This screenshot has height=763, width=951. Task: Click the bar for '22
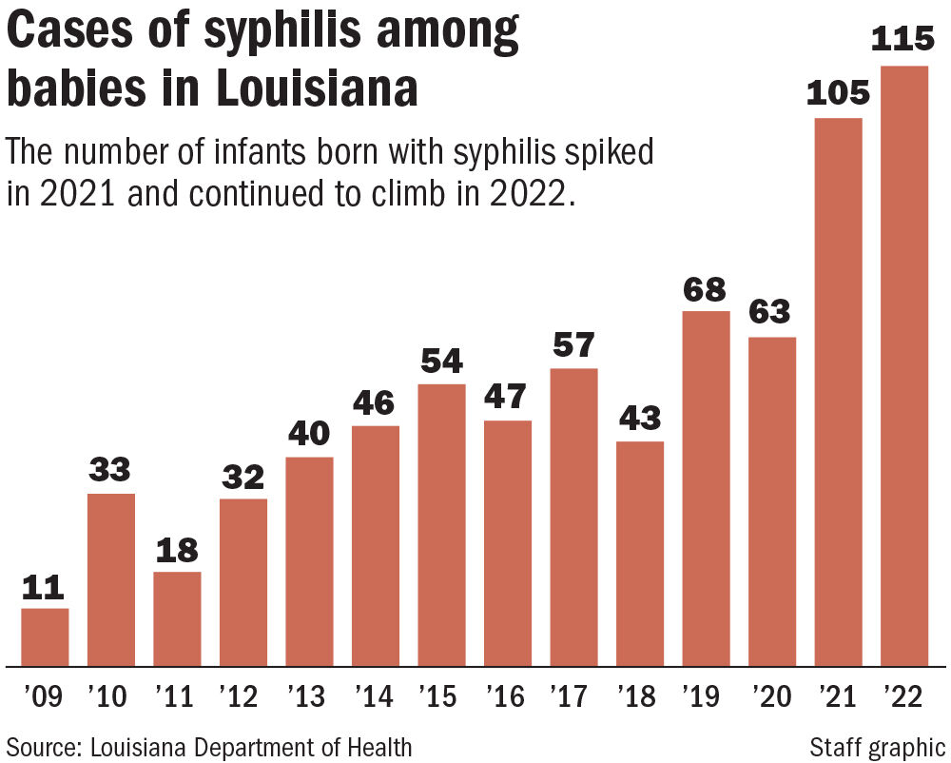point(904,365)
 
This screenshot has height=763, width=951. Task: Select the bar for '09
point(45,636)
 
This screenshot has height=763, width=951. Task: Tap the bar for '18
point(640,553)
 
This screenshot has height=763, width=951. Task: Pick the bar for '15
point(441,524)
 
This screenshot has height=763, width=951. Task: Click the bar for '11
point(177,618)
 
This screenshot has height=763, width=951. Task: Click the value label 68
point(705,289)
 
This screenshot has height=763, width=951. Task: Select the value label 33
point(110,470)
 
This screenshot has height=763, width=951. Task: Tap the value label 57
point(573,345)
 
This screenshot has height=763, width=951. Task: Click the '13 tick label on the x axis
point(308,698)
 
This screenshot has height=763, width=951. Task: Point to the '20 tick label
point(771,698)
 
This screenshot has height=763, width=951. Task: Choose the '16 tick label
point(507,698)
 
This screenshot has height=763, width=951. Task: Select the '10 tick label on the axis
point(110,698)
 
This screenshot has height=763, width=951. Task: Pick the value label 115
point(904,41)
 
